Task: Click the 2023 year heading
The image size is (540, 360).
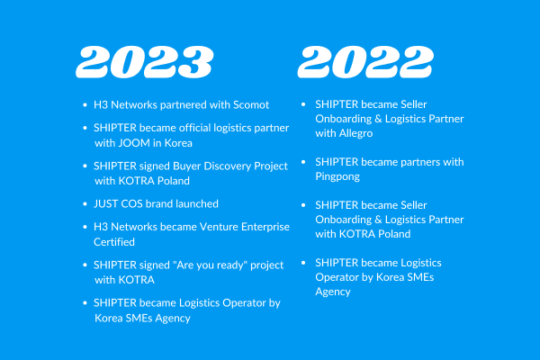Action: (x=145, y=62)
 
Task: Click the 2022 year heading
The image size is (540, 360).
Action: (x=365, y=62)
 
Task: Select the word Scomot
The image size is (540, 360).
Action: (x=251, y=104)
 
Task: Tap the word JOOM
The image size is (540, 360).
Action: (x=134, y=143)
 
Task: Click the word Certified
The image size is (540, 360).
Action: (x=114, y=242)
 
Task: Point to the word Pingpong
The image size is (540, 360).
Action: (x=337, y=176)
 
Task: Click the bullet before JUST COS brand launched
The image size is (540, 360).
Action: (x=85, y=204)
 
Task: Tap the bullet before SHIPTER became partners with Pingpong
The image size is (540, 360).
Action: (x=303, y=162)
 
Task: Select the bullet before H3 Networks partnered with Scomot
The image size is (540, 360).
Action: (x=85, y=105)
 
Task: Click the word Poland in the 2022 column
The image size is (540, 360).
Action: (x=394, y=234)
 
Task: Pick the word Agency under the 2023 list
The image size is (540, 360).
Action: (x=173, y=319)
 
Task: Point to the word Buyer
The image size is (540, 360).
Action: (x=187, y=166)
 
